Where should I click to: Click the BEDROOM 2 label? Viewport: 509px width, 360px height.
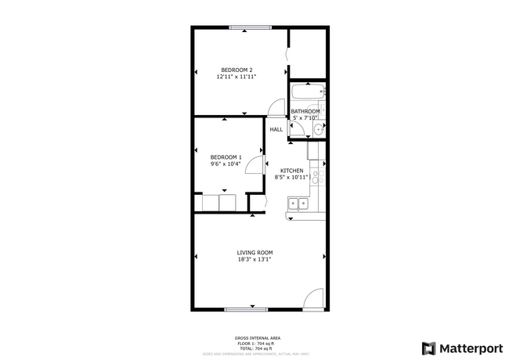pyautogui.click(x=236, y=70)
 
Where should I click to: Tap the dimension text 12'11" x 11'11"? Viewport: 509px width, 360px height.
pyautogui.click(x=236, y=77)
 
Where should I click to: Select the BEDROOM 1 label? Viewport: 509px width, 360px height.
pyautogui.click(x=226, y=157)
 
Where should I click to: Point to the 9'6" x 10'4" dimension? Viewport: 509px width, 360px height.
pyautogui.click(x=226, y=164)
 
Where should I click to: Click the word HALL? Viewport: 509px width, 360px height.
pyautogui.click(x=276, y=129)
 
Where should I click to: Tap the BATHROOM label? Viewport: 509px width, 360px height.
pyautogui.click(x=305, y=111)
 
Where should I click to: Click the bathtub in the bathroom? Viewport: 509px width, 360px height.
pyautogui.click(x=306, y=94)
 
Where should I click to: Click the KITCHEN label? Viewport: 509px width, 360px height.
pyautogui.click(x=292, y=171)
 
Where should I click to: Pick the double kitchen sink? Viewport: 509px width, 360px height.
pyautogui.click(x=298, y=204)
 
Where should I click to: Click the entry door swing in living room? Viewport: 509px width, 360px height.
pyautogui.click(x=313, y=301)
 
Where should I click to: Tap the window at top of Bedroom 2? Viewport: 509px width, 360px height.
pyautogui.click(x=251, y=28)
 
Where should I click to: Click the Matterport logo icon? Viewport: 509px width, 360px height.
pyautogui.click(x=429, y=347)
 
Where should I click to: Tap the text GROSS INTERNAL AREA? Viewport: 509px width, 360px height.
pyautogui.click(x=258, y=337)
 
